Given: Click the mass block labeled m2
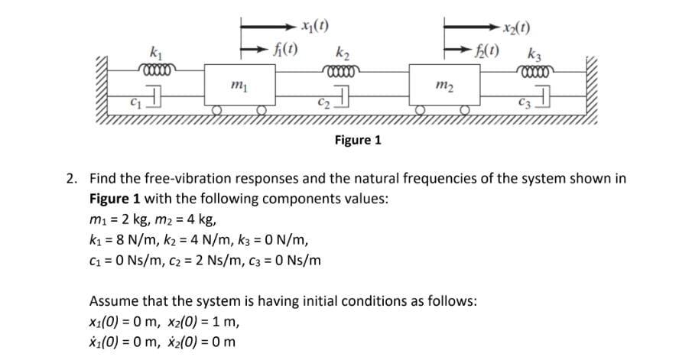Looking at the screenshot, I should click(x=447, y=84).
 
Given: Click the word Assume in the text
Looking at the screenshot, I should click(x=112, y=300).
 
